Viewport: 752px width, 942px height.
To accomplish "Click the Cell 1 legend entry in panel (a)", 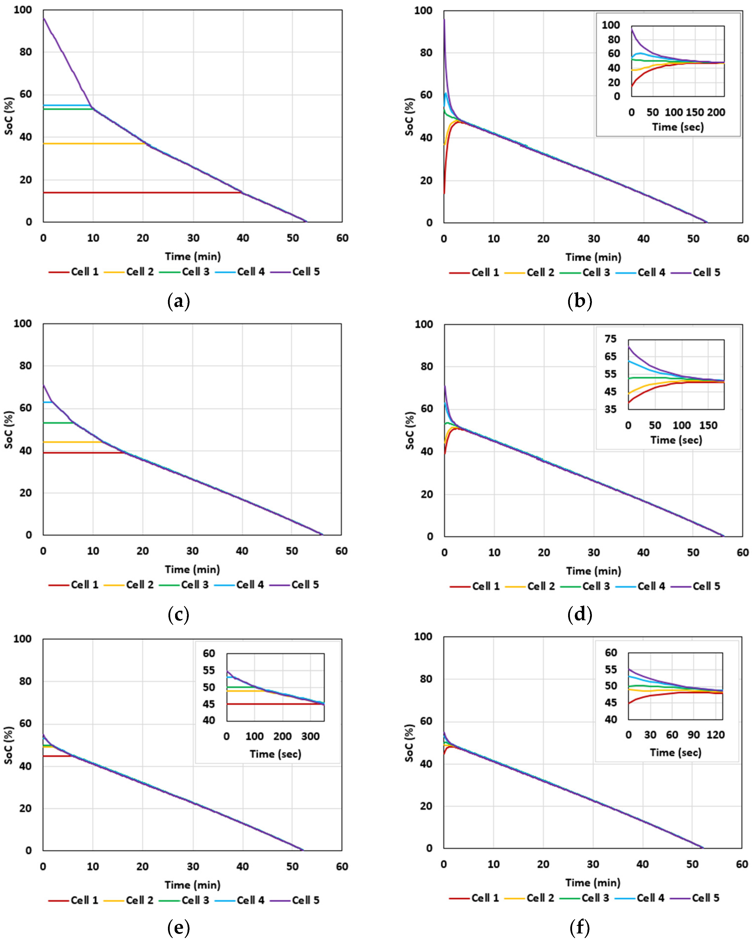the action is coord(74,272).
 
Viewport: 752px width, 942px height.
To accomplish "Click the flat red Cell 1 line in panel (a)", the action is coord(142,192).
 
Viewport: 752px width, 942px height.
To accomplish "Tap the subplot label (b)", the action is coord(580,301).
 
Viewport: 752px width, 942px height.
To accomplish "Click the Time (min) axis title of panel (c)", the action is coord(192,570).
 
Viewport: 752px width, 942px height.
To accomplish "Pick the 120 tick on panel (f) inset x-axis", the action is coord(716,735).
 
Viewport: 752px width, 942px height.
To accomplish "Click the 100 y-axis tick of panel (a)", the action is coord(23,10).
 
